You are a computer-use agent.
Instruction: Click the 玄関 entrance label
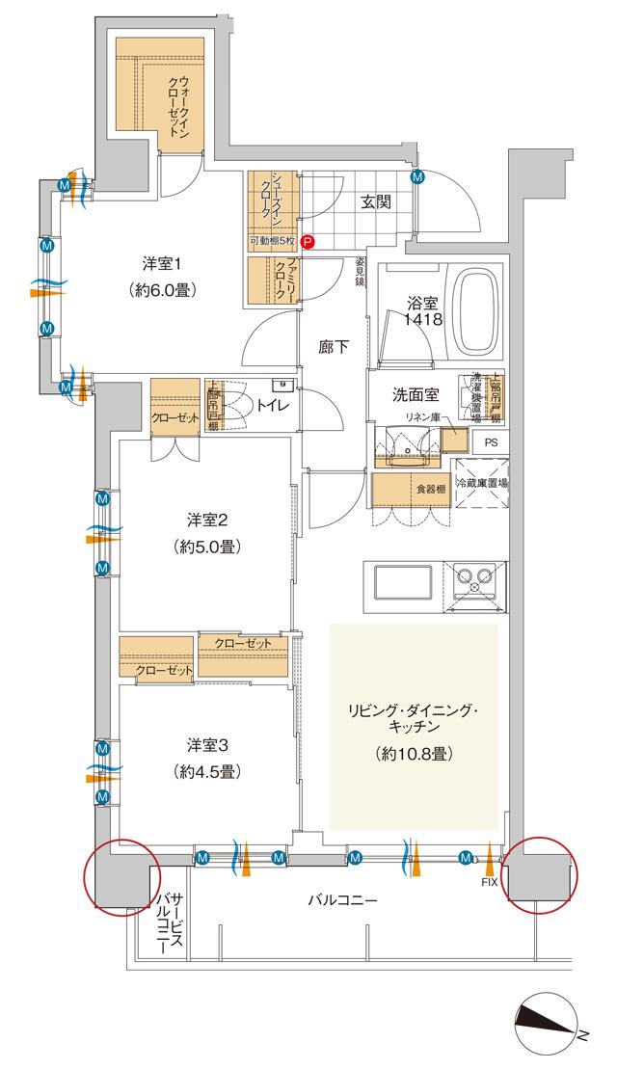coord(376,202)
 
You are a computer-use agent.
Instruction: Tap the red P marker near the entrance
coord(307,244)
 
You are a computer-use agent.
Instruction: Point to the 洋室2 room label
coord(207,521)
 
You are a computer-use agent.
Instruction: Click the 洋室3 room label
coord(207,745)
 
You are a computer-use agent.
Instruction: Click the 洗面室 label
coord(414,394)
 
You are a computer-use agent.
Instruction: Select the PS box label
coord(490,444)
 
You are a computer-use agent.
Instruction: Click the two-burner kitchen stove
coord(473,579)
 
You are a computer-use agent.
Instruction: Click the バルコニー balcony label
coord(343,902)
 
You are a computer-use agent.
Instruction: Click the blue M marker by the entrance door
coord(417,177)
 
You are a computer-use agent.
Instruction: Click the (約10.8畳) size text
coord(416,753)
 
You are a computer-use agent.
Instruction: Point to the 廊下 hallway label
coord(334,347)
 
